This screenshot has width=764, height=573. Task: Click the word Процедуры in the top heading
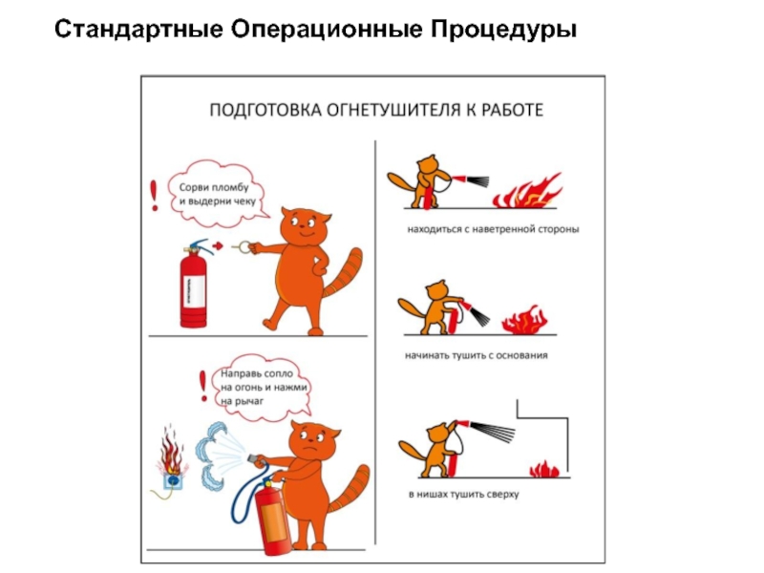503,31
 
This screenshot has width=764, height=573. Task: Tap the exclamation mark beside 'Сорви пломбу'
155,196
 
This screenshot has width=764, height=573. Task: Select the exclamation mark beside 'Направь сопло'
203,387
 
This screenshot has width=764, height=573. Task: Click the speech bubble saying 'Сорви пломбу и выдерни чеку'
218,194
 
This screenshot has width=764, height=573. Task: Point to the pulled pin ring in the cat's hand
244,247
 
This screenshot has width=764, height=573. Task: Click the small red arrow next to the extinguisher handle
218,246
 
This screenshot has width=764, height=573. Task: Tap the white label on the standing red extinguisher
193,291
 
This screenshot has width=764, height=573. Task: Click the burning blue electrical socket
173,481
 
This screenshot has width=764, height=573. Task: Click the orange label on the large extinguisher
273,521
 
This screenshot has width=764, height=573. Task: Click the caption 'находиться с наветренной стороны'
493,229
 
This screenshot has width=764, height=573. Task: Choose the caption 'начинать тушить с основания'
476,355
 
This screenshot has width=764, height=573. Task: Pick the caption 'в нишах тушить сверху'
463,494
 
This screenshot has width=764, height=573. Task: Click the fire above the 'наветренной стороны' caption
528,192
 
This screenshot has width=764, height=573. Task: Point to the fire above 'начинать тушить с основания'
524,321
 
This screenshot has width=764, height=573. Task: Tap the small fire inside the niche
544,469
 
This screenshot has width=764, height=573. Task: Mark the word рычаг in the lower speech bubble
249,401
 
